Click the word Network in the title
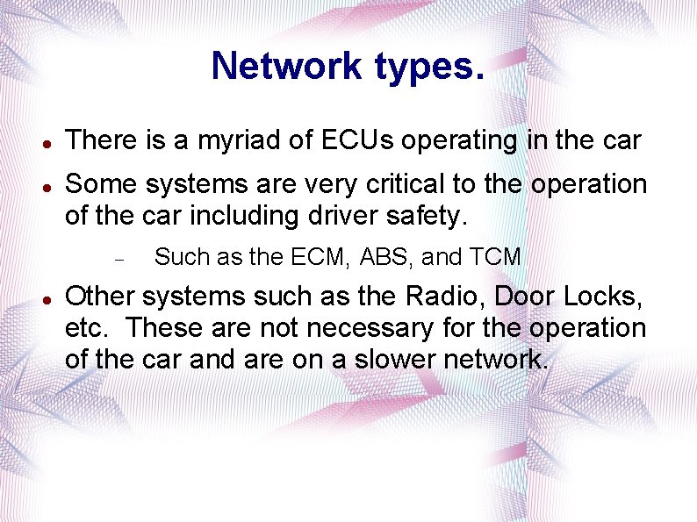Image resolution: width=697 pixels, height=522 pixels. (x=286, y=66)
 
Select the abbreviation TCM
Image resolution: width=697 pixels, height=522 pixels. (x=496, y=257)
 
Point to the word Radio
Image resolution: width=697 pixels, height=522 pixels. (x=447, y=297)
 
